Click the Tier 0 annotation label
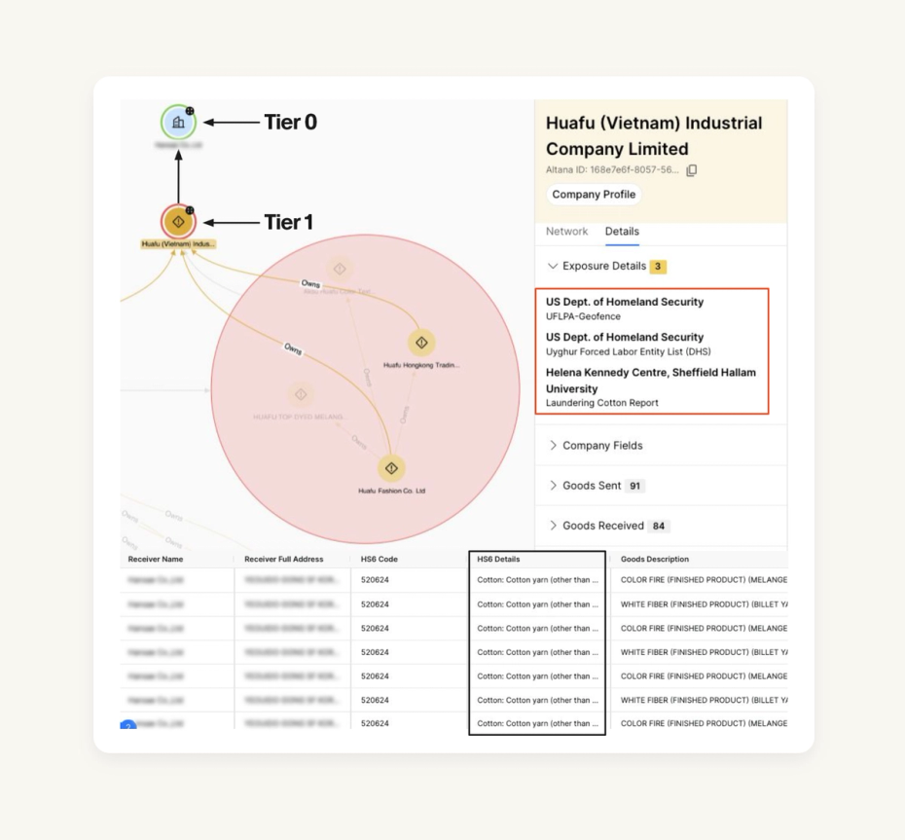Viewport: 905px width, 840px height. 290,123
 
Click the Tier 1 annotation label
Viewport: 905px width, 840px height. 288,222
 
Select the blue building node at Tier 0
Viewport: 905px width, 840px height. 178,123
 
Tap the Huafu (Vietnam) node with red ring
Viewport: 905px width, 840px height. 178,222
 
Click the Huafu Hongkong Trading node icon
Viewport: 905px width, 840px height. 421,343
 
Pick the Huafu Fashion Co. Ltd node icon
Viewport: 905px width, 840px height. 391,468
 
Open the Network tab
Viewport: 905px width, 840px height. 566,232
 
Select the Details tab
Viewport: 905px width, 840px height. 622,232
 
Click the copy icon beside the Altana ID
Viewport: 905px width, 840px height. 692,170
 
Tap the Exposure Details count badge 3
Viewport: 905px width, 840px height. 658,267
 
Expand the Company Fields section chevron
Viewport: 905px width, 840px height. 553,446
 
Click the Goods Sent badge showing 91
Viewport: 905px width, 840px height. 634,486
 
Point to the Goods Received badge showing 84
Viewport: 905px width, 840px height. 659,526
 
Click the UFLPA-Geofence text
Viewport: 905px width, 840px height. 583,316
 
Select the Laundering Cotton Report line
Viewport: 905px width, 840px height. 601,403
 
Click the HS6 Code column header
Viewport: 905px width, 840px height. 380,560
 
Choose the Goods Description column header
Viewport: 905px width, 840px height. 655,560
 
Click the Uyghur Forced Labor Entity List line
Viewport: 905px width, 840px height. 622,351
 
